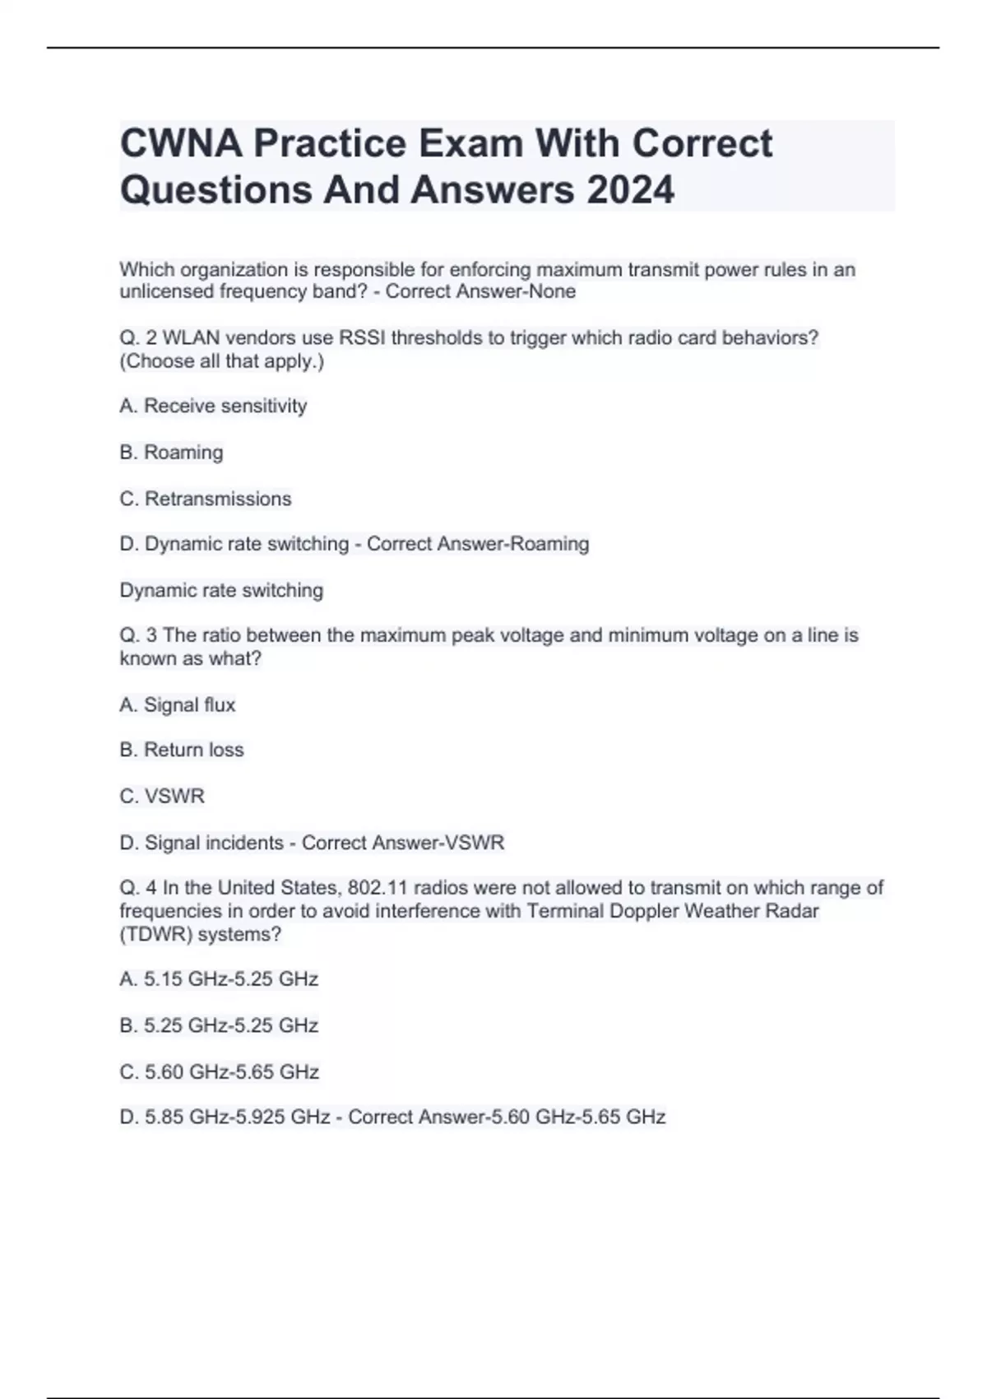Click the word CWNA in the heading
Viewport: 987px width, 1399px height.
(x=181, y=143)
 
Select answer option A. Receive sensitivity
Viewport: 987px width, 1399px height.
(x=213, y=406)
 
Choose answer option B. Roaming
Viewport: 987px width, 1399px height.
(x=171, y=452)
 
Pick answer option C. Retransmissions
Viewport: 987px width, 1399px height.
(x=206, y=499)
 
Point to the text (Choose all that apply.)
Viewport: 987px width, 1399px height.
(x=222, y=360)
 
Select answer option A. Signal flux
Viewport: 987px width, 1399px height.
(x=178, y=704)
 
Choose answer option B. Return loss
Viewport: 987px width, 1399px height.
(x=182, y=750)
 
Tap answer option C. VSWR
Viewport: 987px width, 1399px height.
(x=162, y=796)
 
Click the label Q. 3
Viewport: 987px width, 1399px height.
(x=138, y=635)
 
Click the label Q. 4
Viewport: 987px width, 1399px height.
(x=138, y=888)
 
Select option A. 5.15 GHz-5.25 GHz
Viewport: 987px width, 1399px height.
(x=219, y=978)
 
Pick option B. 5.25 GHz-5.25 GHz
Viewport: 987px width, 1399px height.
(x=219, y=1025)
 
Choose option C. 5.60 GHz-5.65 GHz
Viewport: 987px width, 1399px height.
(x=219, y=1071)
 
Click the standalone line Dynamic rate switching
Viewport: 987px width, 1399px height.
(x=221, y=590)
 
